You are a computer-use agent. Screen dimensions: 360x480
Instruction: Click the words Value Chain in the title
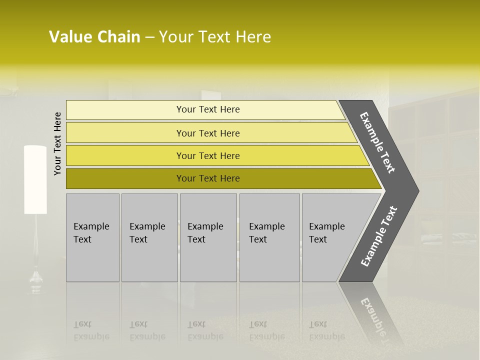(94, 37)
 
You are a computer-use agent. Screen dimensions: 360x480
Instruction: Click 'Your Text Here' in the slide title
(215, 37)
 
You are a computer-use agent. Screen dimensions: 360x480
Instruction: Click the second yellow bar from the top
(207, 133)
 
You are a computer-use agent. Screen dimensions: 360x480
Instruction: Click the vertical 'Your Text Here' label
(57, 143)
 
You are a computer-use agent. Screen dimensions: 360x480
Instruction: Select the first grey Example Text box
(92, 237)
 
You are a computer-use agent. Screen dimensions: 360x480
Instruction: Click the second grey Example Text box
(149, 237)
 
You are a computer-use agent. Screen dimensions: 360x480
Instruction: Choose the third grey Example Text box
(207, 237)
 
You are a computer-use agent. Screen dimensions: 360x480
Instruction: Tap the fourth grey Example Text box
(269, 237)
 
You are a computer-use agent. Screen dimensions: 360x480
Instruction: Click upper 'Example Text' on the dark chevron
(377, 142)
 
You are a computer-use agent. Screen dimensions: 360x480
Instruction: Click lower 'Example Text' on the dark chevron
(379, 236)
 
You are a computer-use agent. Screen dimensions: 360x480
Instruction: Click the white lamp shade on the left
(35, 179)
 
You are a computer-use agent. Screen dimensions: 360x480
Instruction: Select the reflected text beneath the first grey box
(91, 330)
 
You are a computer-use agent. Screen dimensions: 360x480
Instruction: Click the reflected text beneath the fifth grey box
(326, 330)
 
